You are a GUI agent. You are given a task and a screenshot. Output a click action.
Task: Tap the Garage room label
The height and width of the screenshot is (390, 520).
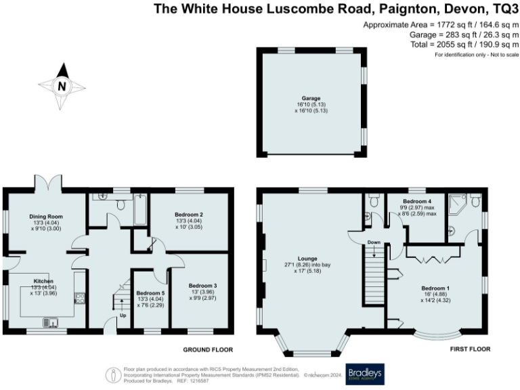pyautogui.click(x=311, y=106)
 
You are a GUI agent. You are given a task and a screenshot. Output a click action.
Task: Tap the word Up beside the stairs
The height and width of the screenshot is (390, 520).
pyautogui.click(x=123, y=316)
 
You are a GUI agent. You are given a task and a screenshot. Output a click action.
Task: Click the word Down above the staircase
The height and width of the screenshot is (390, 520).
pyautogui.click(x=374, y=242)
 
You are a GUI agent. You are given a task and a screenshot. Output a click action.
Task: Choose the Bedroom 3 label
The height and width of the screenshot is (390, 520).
pyautogui.click(x=202, y=285)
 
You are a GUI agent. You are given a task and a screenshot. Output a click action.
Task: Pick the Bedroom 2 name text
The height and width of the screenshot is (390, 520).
pyautogui.click(x=190, y=215)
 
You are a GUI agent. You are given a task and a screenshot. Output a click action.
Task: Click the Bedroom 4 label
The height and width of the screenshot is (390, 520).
pyautogui.click(x=418, y=202)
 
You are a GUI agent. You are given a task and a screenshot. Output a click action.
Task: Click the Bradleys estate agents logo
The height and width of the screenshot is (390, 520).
pyautogui.click(x=365, y=374)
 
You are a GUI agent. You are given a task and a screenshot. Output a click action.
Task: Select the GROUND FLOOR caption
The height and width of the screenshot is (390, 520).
pyautogui.click(x=208, y=350)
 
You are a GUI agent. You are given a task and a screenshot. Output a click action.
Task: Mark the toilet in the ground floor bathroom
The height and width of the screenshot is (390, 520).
pyautogui.click(x=121, y=203)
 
